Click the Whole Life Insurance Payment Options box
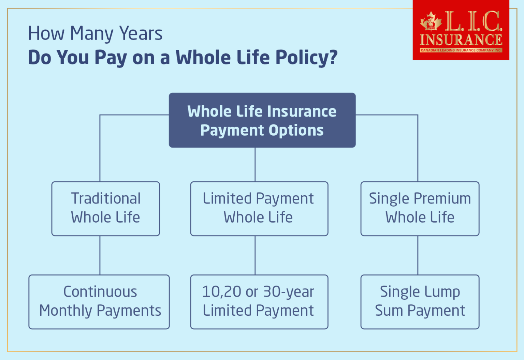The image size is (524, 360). (x=262, y=120)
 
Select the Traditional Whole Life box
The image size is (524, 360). (x=105, y=208)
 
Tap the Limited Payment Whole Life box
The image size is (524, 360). (x=259, y=208)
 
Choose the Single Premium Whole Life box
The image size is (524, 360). (x=420, y=208)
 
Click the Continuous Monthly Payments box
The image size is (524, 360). (x=99, y=302)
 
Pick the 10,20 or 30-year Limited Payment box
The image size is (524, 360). (x=259, y=302)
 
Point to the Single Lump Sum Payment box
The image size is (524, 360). (x=420, y=302)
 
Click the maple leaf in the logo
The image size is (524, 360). (x=431, y=22)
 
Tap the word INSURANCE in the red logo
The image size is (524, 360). (x=461, y=40)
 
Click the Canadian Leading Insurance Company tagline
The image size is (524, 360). (x=461, y=50)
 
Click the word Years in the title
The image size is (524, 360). (x=141, y=33)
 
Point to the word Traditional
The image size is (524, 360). (x=106, y=198)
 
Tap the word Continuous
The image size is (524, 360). (x=100, y=292)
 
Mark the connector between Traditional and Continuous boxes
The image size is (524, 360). (x=100, y=255)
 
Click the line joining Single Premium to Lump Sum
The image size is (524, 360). (x=418, y=255)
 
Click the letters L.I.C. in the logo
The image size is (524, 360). (x=474, y=21)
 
